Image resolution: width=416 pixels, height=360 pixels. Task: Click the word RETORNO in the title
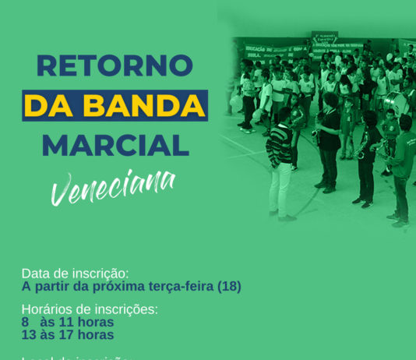click(114, 65)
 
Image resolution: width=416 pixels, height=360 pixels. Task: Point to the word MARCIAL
click(115, 145)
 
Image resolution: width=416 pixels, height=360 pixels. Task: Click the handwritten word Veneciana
click(113, 186)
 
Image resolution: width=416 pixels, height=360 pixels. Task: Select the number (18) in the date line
click(229, 287)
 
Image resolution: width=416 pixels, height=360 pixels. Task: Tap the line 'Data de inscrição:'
click(75, 274)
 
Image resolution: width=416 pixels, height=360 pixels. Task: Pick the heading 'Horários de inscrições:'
click(90, 309)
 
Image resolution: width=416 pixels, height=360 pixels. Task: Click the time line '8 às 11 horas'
click(68, 322)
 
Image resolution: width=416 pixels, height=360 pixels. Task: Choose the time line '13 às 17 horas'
click(68, 335)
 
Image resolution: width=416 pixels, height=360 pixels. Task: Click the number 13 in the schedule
click(29, 335)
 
